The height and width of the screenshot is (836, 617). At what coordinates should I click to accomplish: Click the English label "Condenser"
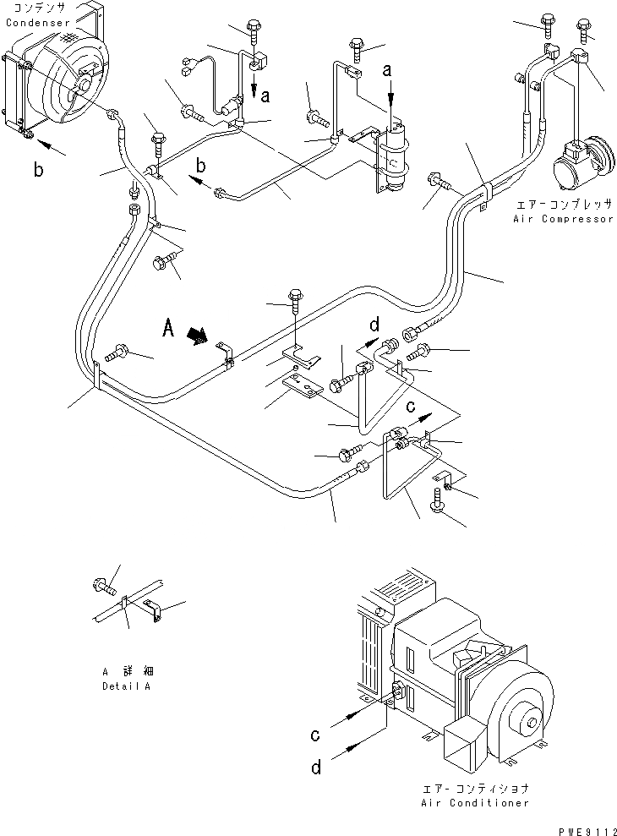pos(38,22)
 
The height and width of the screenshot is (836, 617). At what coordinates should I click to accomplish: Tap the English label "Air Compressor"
pos(564,219)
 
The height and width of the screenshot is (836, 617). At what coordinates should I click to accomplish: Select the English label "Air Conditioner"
pos(475,802)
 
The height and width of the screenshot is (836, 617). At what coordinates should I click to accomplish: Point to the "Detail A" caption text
pos(127,686)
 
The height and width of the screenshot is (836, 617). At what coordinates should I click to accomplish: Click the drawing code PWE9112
pos(587,831)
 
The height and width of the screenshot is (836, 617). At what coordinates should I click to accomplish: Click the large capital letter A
pos(168,329)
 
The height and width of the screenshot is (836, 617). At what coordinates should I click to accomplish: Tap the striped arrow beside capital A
pos(198,336)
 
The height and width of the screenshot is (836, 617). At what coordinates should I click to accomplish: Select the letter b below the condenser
pos(38,170)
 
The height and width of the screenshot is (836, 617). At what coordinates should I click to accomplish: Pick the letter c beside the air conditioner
pos(315,735)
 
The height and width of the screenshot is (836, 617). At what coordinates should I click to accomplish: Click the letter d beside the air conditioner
pos(316,768)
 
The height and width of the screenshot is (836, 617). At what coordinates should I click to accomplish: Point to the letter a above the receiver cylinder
pos(388,69)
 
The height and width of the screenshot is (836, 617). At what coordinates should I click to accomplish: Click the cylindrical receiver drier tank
pos(396,156)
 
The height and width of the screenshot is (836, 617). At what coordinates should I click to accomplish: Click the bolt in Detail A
pos(103,586)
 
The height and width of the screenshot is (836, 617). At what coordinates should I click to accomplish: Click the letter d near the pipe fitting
pos(375,325)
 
